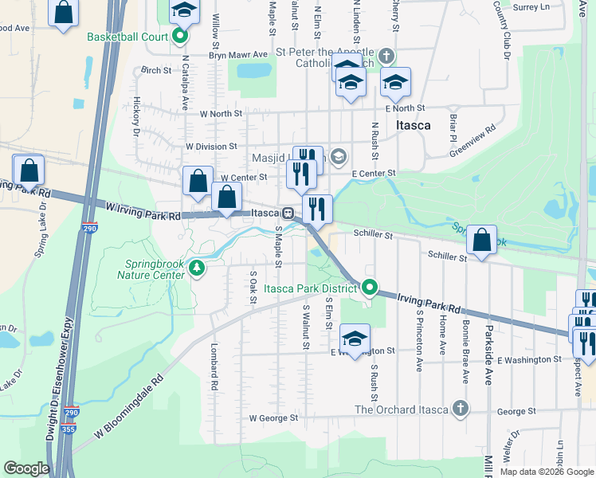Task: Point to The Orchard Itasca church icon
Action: (x=460, y=409)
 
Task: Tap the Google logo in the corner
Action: (x=26, y=468)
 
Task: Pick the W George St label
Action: (x=273, y=417)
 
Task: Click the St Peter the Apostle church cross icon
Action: (x=386, y=55)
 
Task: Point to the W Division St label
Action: (x=211, y=147)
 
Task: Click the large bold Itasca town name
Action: (x=414, y=126)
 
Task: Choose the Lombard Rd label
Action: (x=214, y=366)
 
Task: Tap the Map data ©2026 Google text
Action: (x=546, y=472)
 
